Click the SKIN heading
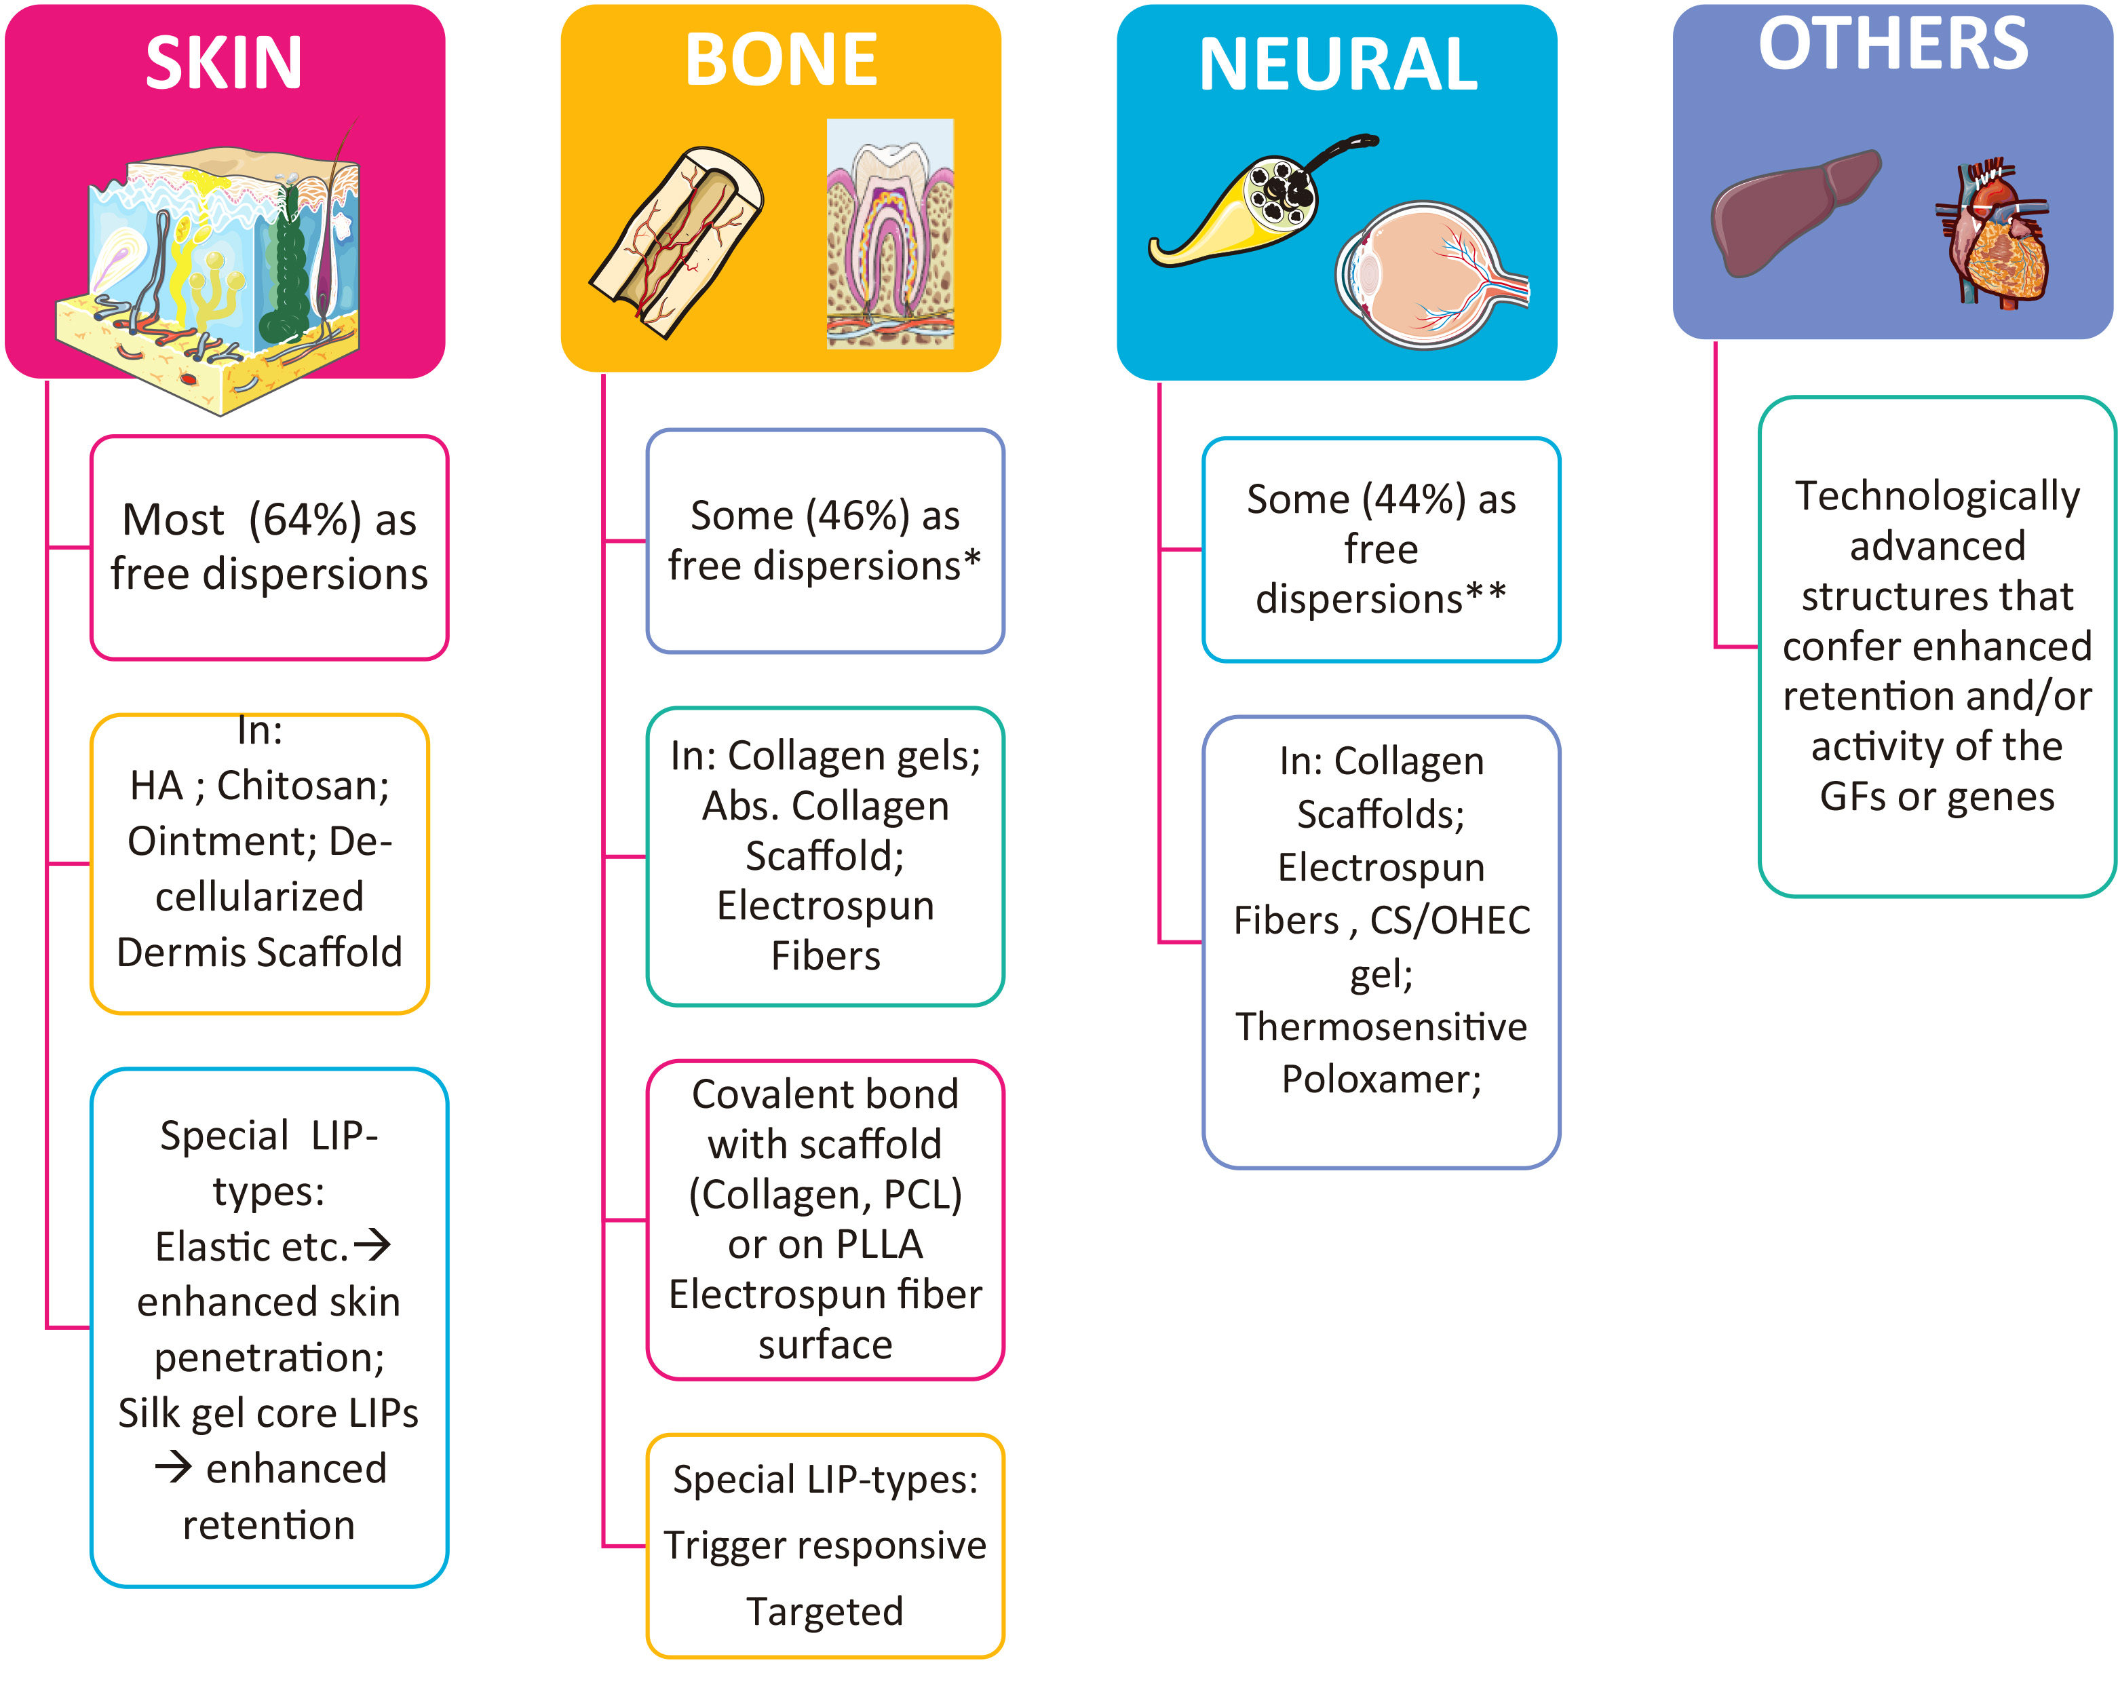pos(224,63)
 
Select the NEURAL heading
pos(1337,65)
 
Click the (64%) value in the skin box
pos(305,520)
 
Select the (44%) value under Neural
pos(1412,499)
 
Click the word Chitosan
pos(303,786)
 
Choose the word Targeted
pos(825,1611)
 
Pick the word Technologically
pos(1938,496)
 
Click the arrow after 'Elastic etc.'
pos(372,1246)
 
